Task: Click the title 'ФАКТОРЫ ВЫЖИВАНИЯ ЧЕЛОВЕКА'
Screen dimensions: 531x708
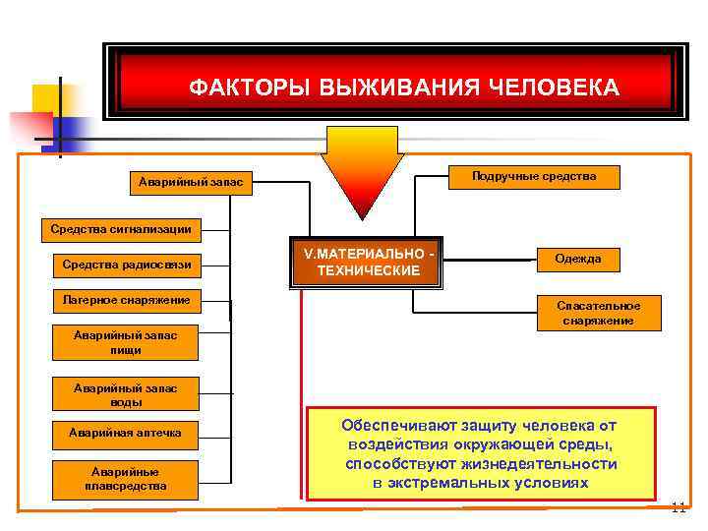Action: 403,88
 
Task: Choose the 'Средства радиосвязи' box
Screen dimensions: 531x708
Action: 127,265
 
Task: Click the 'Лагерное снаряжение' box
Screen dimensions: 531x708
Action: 127,299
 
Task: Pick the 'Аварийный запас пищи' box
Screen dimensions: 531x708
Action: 127,342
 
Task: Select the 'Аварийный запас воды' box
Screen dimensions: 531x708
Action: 127,394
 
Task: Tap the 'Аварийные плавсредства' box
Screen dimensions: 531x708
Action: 127,478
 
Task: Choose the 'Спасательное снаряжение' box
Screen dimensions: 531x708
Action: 598,313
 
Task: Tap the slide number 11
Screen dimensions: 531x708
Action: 678,508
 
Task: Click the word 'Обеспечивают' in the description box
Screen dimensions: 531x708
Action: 393,426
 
